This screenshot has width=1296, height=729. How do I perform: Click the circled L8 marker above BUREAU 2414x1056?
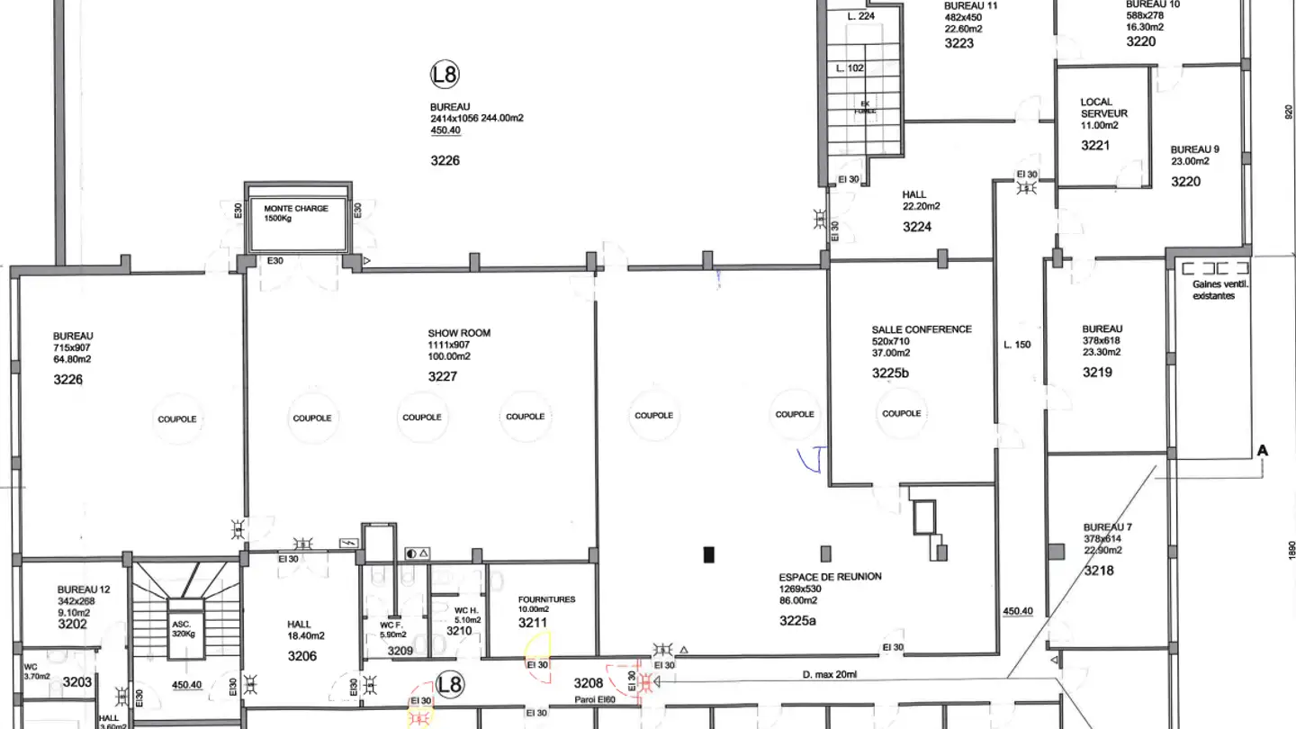[445, 75]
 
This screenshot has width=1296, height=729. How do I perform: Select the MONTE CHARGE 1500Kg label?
[295, 213]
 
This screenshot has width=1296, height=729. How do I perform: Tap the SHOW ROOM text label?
[459, 333]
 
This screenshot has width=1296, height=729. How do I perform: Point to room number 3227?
[443, 376]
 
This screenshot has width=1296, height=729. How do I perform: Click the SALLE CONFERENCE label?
[922, 329]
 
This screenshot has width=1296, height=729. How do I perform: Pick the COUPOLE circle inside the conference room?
[901, 414]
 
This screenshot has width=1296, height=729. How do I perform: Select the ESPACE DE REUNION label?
[830, 577]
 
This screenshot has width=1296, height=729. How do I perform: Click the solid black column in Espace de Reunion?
[709, 554]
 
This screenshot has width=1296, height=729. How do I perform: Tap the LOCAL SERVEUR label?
[1103, 108]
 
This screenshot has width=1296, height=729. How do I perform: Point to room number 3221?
[1095, 145]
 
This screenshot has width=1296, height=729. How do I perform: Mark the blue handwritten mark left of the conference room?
[817, 459]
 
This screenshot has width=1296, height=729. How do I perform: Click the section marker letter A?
[1262, 450]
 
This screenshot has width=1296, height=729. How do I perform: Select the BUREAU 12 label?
[84, 589]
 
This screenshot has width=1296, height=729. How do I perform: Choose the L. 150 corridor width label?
[1016, 345]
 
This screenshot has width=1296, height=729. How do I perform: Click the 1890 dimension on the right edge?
[1290, 549]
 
